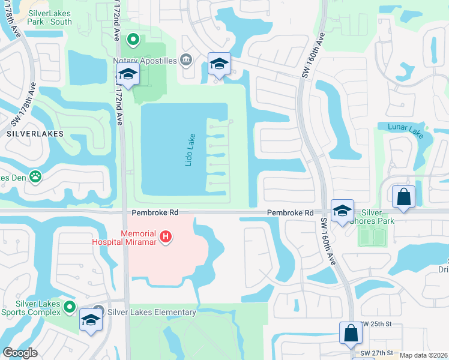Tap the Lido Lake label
pos(190,149)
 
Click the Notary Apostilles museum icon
pos(185,59)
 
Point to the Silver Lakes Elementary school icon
pos(100,311)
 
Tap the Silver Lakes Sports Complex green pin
pos(70,307)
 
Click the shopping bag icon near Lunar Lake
pos(403,197)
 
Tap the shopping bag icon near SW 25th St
pos(351,334)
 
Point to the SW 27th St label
pos(376,353)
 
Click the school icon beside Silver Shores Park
pos(342,211)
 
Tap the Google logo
pos(20,353)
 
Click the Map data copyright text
pos(424,355)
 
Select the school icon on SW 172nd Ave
pos(128,75)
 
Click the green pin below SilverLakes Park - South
pos(133,41)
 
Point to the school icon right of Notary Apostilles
pos(219,64)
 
